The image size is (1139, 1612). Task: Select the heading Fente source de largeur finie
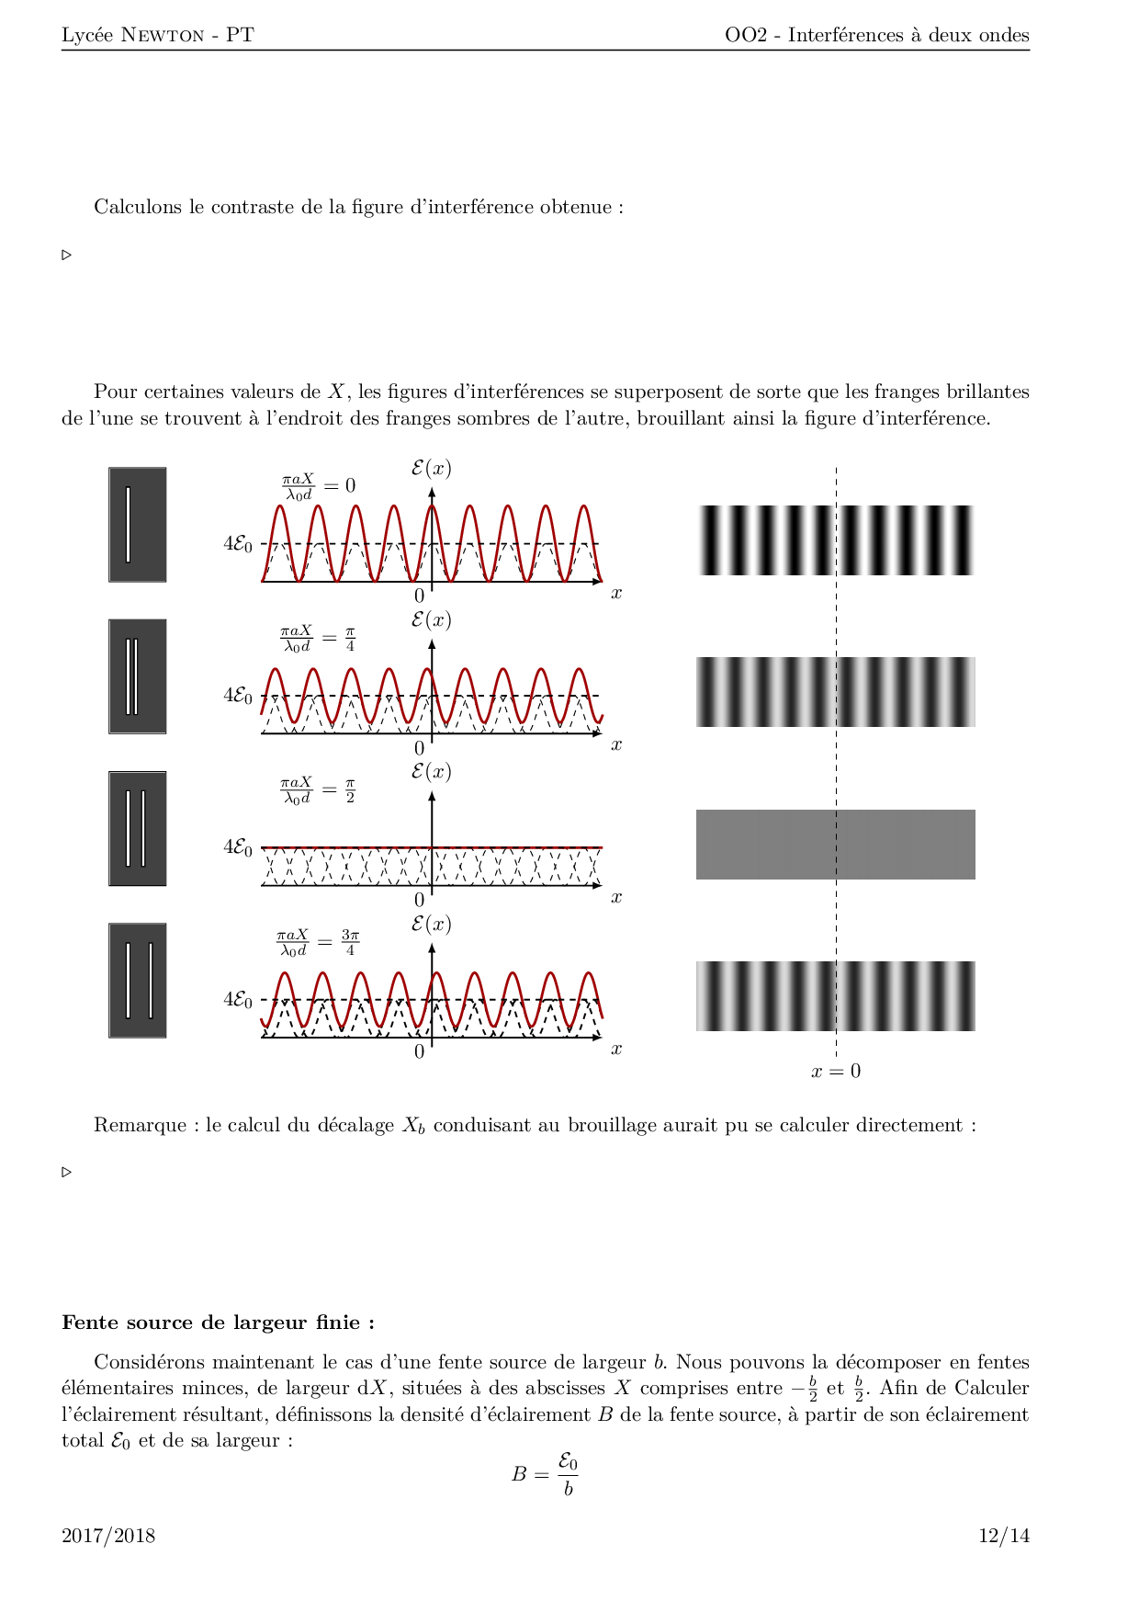point(218,1323)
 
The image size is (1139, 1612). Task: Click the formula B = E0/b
point(545,1474)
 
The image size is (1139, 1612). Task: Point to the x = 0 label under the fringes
point(836,1071)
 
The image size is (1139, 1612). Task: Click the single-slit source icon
point(138,525)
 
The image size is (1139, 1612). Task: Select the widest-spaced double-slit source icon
point(138,981)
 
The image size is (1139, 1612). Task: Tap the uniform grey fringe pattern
point(835,845)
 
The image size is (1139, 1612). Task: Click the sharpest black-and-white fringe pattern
point(835,540)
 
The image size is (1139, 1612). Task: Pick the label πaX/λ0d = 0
point(318,486)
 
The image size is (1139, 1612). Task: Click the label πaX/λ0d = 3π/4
point(318,942)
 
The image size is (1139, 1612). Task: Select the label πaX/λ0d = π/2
point(318,790)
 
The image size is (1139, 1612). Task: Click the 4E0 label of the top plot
point(237,543)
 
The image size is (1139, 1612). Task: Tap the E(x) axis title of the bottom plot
point(431,925)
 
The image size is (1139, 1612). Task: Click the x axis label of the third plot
point(616,897)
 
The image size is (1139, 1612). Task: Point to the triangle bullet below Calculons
point(67,255)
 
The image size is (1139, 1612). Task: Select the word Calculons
point(138,207)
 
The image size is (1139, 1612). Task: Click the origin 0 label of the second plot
point(420,748)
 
